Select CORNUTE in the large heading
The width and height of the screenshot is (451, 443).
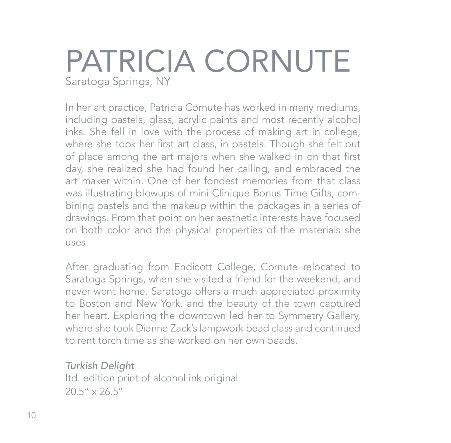pyautogui.click(x=277, y=61)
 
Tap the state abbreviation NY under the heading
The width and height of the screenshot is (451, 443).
pyautogui.click(x=163, y=81)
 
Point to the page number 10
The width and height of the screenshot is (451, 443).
pyautogui.click(x=31, y=416)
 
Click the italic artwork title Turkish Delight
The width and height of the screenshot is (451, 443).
pyautogui.click(x=100, y=366)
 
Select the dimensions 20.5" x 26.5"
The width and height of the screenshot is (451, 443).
pyautogui.click(x=94, y=391)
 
